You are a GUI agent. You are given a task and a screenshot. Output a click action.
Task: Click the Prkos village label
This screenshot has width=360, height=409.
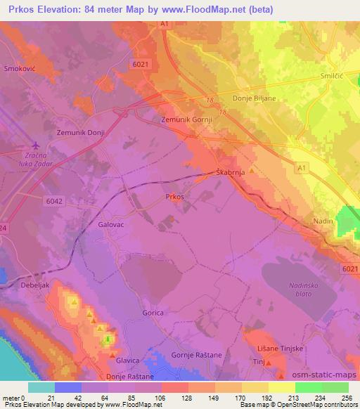174,197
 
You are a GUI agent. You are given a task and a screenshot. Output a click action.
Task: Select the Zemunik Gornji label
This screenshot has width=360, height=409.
186,120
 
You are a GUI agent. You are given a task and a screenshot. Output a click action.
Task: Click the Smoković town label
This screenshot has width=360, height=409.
20,69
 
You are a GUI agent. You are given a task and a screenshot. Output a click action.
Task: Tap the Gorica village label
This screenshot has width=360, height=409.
153,313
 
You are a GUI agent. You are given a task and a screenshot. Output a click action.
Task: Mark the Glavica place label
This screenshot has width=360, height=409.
127,360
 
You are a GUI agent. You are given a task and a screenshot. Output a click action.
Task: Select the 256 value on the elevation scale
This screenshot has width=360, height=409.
347,398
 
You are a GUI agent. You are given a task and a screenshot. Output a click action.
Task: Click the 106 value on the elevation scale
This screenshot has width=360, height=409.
150,398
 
